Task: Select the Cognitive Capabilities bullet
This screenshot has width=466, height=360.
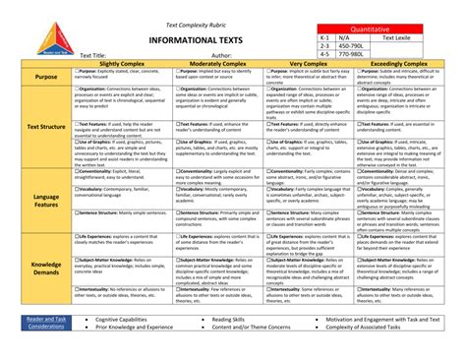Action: click(x=133, y=320)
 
